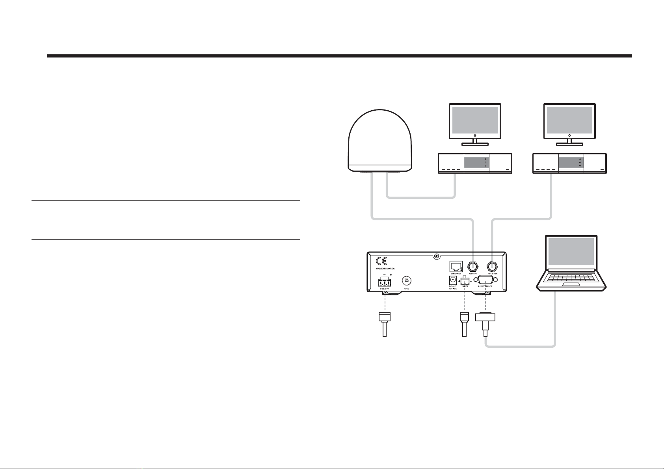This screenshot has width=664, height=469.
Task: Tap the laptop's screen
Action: click(571, 252)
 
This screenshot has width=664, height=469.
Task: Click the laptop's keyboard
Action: click(571, 277)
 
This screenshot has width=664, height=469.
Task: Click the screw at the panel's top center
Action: click(436, 256)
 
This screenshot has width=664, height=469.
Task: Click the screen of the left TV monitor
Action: click(475, 120)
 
